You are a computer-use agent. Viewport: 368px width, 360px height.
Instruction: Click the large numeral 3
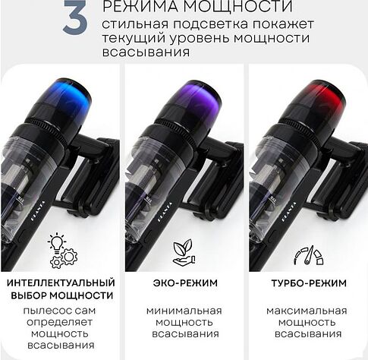tap(75, 17)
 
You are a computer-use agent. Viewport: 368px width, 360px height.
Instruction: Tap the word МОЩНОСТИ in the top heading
tap(237, 6)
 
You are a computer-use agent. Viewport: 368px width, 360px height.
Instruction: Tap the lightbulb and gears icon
tap(62, 251)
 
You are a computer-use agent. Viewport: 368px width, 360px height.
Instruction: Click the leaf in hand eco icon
tap(184, 252)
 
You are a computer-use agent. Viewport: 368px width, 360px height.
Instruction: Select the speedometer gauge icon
tap(309, 255)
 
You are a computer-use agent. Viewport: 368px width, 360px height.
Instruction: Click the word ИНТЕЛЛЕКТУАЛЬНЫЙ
tap(61, 283)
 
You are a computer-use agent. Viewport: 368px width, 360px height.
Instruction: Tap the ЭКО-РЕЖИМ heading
tap(185, 283)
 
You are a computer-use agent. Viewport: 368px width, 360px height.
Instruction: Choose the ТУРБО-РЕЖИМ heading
tap(309, 283)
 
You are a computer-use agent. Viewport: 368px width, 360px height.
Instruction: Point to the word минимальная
tap(184, 311)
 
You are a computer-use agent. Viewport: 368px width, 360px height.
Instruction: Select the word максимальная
tap(307, 311)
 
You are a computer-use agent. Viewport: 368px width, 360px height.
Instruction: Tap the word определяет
tap(59, 323)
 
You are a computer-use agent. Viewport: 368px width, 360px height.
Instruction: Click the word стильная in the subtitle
tap(135, 24)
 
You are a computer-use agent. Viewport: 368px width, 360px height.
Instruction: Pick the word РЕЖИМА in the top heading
tap(140, 6)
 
